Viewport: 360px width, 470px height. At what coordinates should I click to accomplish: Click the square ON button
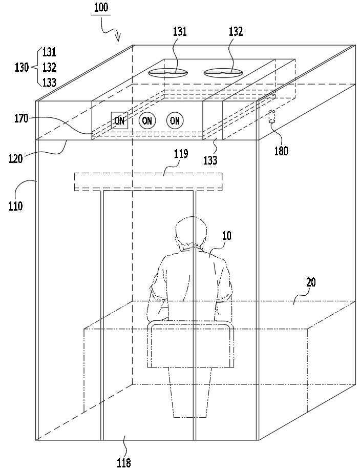pos(119,120)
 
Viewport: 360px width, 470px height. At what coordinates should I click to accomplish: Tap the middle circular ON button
pos(147,120)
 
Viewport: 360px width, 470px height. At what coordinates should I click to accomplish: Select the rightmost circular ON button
pos(175,120)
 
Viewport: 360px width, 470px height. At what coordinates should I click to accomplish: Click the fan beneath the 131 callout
pos(168,73)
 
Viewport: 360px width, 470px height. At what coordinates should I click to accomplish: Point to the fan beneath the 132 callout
pos(223,73)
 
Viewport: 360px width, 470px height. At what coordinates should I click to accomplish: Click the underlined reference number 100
pos(101,7)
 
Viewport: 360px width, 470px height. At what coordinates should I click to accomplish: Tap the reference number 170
pos(22,119)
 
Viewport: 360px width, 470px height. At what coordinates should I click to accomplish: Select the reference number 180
pos(281,151)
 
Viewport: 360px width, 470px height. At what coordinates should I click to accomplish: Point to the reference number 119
pos(181,154)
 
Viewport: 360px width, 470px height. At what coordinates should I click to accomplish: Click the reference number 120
pos(15,158)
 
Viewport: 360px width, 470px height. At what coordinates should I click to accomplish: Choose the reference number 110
pos(15,206)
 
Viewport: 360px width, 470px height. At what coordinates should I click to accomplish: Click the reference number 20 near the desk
pos(311,282)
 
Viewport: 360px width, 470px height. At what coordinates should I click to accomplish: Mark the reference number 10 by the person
pos(227,236)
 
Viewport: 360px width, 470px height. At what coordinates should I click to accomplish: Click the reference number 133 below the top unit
pos(210,160)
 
